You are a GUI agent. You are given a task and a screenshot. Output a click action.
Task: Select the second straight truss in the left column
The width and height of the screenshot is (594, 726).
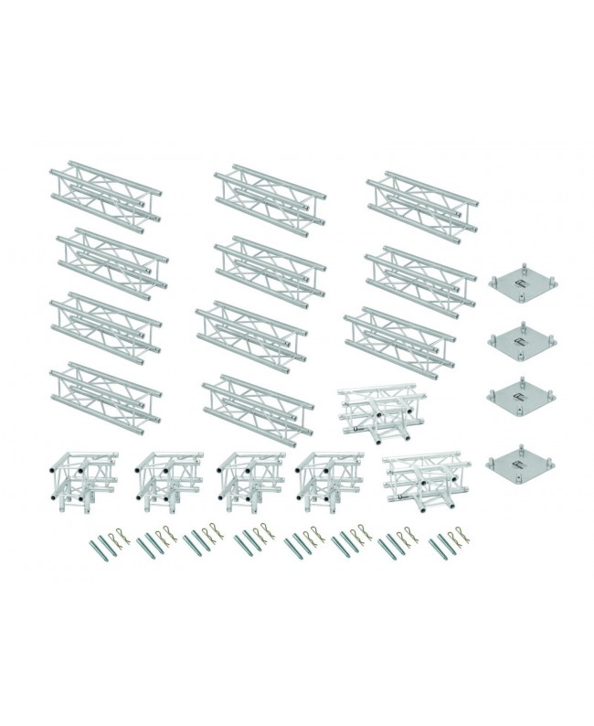111,258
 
